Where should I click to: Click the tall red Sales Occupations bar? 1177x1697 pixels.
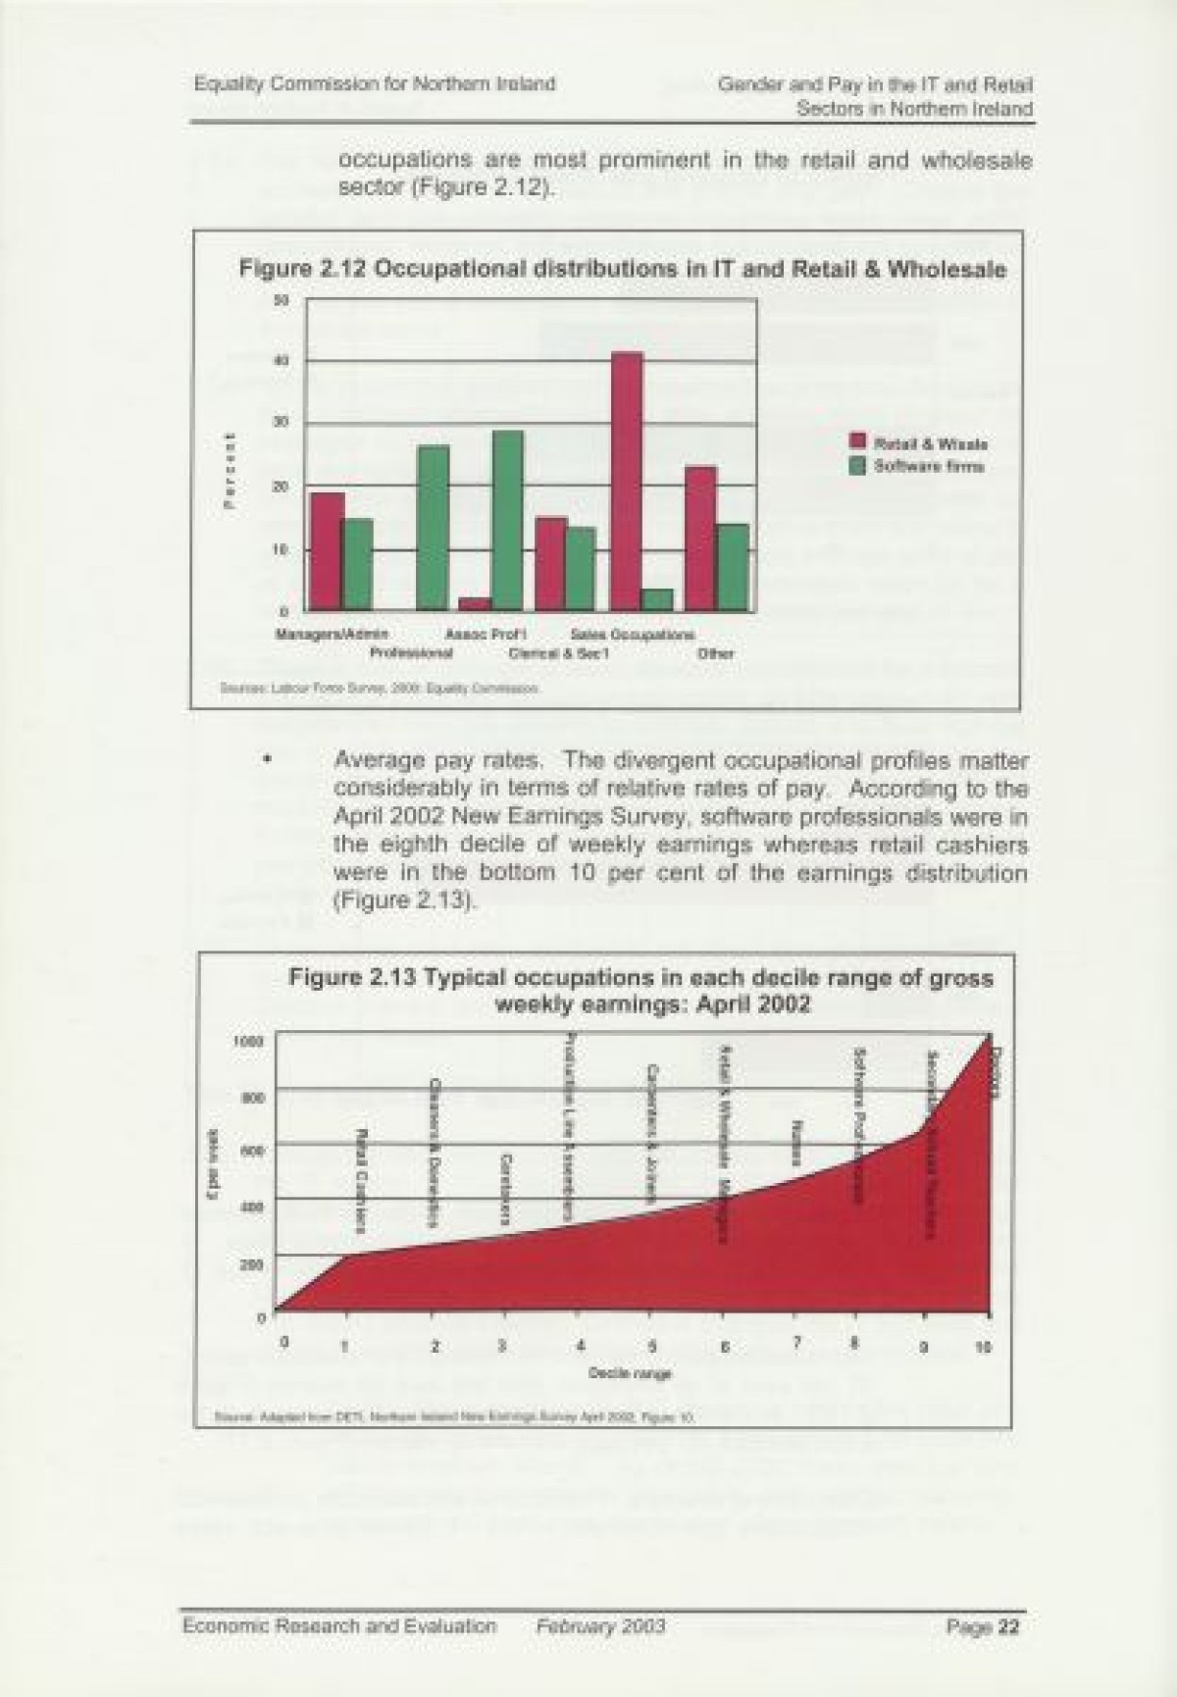pos(627,481)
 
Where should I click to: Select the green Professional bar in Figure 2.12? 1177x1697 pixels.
pos(433,528)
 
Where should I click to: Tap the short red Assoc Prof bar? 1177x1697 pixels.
pos(476,603)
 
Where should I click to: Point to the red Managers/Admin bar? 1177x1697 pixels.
pos(328,550)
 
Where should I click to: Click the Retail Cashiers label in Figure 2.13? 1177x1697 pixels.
pos(361,1177)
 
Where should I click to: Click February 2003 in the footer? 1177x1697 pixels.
pos(600,1626)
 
